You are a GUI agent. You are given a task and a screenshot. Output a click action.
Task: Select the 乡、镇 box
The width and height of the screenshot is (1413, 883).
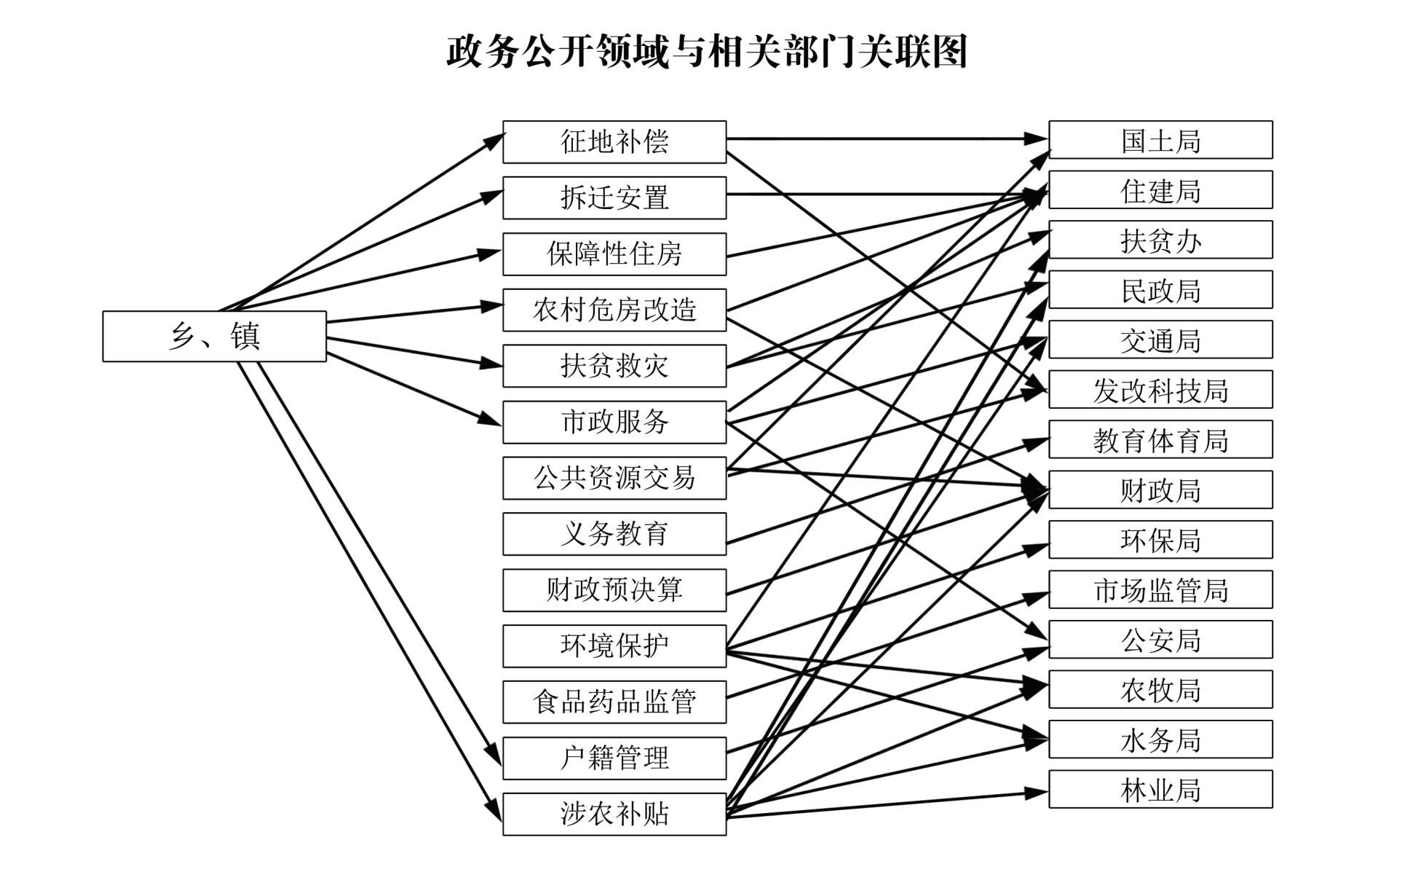click(x=214, y=337)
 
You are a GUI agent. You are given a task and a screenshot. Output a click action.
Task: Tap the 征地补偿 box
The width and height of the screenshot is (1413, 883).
click(x=614, y=142)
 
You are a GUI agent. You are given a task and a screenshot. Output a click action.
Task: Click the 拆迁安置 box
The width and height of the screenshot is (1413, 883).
click(x=614, y=198)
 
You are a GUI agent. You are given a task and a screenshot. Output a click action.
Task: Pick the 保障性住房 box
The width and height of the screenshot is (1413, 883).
click(x=614, y=254)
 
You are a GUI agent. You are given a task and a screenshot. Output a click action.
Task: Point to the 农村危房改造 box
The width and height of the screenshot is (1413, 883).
click(x=614, y=310)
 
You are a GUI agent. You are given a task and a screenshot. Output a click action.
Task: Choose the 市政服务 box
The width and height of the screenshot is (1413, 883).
click(x=614, y=423)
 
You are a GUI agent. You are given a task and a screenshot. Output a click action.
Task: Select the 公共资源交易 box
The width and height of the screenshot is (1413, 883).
click(x=614, y=479)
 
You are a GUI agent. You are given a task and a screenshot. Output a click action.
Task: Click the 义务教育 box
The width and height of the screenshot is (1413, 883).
click(x=614, y=534)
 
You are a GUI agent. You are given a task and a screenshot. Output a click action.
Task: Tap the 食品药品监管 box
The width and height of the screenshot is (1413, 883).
click(x=614, y=702)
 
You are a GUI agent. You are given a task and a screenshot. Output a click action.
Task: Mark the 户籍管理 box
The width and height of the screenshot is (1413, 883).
click(x=614, y=758)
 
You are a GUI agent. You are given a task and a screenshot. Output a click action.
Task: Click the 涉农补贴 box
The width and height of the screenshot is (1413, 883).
click(x=614, y=815)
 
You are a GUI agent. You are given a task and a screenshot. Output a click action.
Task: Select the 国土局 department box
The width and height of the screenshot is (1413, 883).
click(x=1160, y=140)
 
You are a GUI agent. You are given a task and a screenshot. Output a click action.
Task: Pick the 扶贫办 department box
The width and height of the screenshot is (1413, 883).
click(x=1160, y=240)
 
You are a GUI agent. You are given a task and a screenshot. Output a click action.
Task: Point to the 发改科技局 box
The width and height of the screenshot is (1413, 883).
click(x=1160, y=390)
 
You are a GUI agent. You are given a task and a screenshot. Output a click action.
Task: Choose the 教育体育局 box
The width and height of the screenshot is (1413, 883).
click(x=1160, y=440)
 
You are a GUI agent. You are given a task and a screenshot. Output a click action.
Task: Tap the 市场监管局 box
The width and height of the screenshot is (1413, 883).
click(x=1160, y=590)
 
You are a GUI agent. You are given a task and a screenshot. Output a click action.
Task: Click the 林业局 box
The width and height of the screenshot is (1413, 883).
click(x=1160, y=790)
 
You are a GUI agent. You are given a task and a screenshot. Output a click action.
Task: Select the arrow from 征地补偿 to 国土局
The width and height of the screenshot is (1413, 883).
click(x=874, y=138)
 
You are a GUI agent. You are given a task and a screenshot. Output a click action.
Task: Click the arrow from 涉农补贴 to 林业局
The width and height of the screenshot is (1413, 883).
click(x=888, y=804)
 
